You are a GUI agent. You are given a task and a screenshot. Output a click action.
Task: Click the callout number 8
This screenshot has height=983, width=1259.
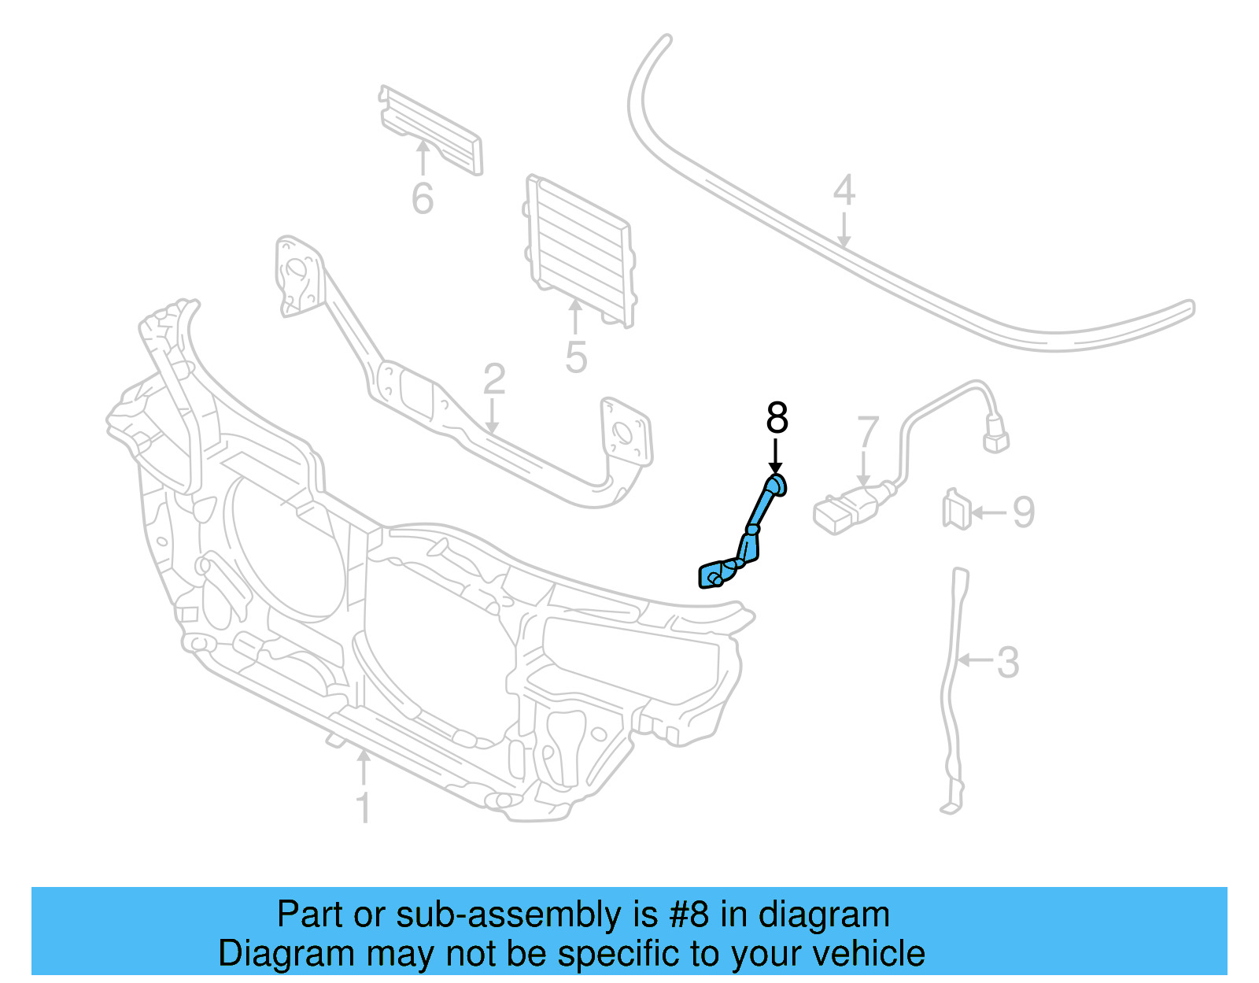click(x=777, y=418)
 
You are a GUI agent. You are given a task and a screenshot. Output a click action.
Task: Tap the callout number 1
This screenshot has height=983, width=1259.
click(x=364, y=808)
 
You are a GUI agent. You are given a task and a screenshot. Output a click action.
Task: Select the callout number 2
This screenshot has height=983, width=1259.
click(x=493, y=379)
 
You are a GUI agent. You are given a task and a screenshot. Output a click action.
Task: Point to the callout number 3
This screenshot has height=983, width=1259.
click(x=1007, y=663)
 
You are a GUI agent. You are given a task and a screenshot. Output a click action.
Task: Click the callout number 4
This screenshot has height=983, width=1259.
click(x=844, y=190)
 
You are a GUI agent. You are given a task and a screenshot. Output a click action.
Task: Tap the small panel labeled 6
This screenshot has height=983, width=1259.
click(x=431, y=129)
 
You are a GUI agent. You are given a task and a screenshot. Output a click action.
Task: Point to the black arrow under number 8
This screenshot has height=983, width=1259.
click(x=776, y=457)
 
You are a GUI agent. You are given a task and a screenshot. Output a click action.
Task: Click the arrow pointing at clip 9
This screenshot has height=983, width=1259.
click(x=988, y=513)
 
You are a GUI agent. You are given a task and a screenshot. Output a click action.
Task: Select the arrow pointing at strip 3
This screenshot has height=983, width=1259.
click(x=976, y=660)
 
